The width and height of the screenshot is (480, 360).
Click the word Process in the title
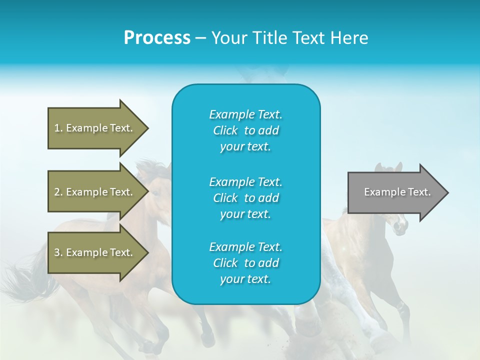(157, 38)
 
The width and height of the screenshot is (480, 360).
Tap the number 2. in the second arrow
(58, 192)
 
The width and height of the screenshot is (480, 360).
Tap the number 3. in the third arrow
(58, 252)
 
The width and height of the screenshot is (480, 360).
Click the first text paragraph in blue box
(245, 130)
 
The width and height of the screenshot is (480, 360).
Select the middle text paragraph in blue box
(245, 198)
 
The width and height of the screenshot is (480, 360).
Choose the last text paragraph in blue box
(245, 263)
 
